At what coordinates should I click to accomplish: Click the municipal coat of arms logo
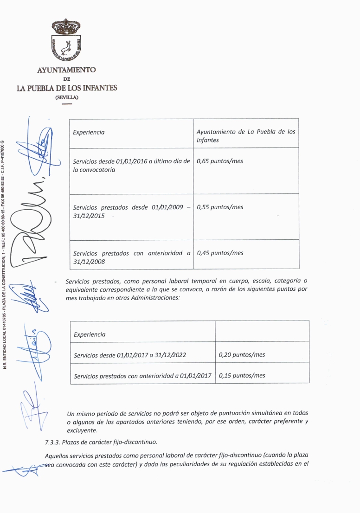[x=66, y=40]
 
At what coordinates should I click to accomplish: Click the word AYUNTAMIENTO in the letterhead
[x=66, y=70]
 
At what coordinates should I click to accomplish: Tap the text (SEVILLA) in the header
[x=67, y=97]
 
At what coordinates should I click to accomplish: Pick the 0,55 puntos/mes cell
[x=220, y=207]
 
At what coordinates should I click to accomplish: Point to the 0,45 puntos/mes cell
[x=220, y=253]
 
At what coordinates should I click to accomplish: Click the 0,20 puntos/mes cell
[x=242, y=355]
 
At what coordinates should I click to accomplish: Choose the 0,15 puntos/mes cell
[x=242, y=376]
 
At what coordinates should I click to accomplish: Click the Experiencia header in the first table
[x=89, y=132]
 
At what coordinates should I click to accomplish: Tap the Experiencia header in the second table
[x=90, y=334]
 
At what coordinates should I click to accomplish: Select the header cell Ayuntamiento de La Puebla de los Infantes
[x=246, y=135]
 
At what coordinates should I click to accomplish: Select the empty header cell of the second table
[x=262, y=331]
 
